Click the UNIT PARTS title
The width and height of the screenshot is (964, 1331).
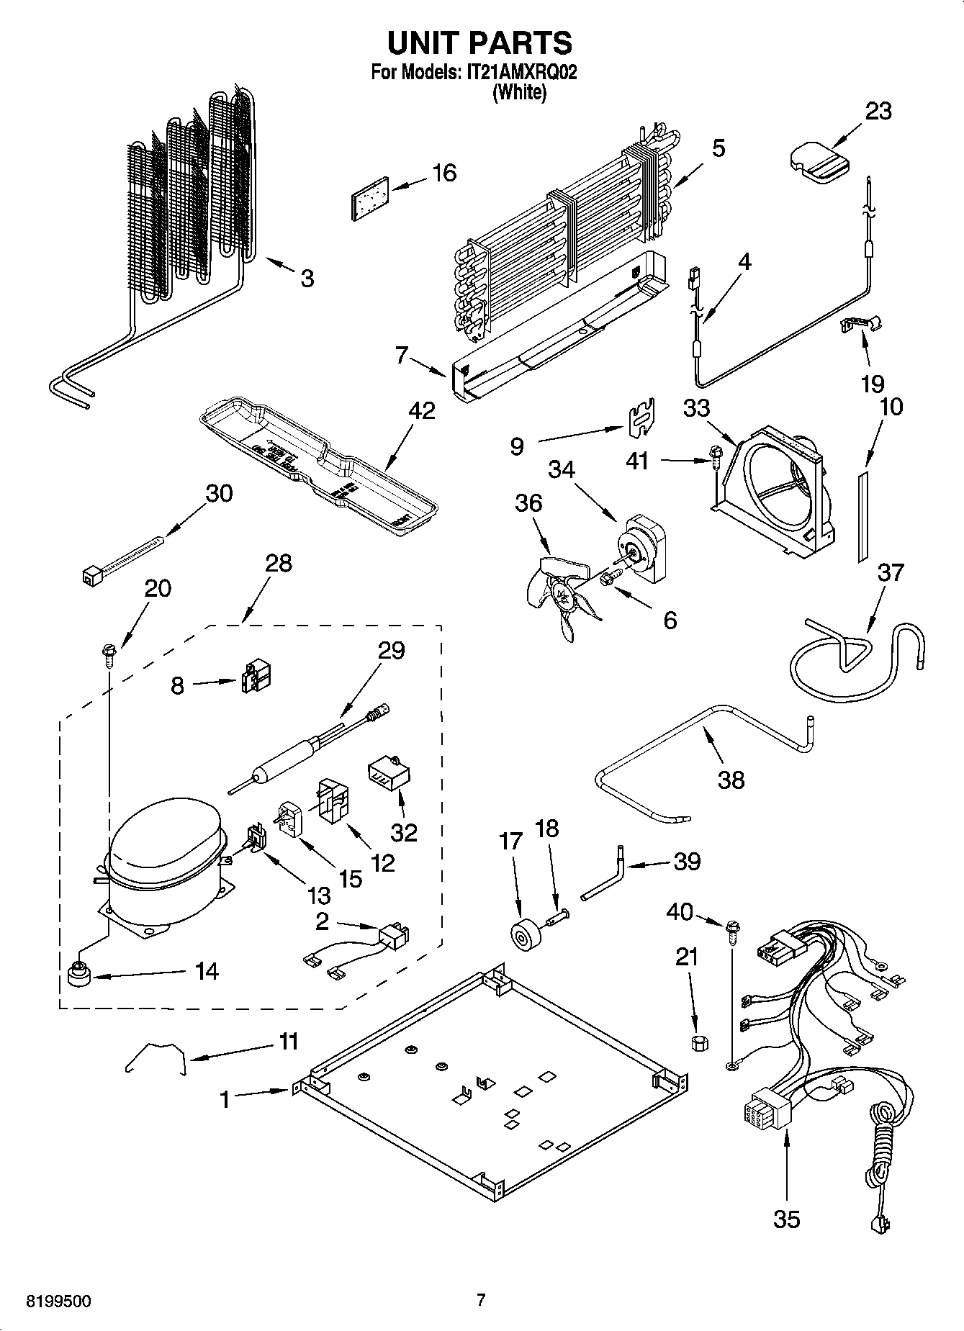click(479, 43)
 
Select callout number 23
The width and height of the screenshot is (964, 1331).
click(878, 112)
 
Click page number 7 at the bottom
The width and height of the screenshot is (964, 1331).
click(481, 1300)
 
